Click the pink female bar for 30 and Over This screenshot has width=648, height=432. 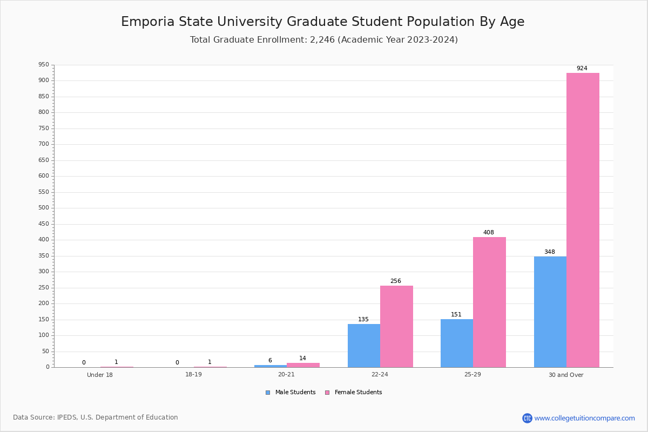[583, 220]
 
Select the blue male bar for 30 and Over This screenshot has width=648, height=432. [550, 312]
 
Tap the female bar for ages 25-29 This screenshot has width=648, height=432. [489, 302]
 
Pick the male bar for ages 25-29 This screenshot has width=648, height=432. [457, 343]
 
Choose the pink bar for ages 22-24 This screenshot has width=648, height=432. [396, 326]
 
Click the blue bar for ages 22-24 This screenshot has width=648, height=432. [364, 346]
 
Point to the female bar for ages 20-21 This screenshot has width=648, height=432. [303, 365]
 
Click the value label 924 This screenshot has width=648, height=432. [582, 69]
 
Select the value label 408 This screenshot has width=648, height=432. [489, 233]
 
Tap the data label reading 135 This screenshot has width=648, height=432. [363, 320]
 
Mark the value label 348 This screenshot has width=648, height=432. [550, 252]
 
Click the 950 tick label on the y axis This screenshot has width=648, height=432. [43, 65]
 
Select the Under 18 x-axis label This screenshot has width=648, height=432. [100, 375]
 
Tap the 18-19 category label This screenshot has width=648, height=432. [193, 375]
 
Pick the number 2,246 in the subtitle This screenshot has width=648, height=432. [322, 40]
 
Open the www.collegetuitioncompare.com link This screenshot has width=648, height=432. [584, 418]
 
